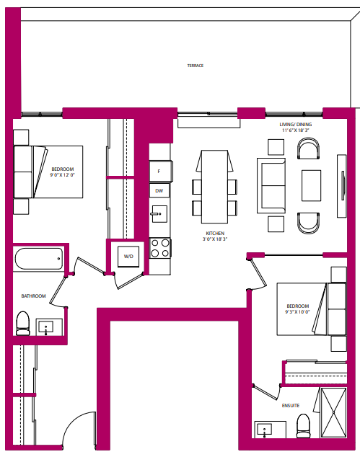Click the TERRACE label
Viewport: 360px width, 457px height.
[195, 66]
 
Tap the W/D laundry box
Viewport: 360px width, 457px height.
[128, 256]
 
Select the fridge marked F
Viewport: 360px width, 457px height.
[159, 172]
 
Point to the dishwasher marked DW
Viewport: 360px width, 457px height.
[159, 191]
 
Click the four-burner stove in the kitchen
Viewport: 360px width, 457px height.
[160, 248]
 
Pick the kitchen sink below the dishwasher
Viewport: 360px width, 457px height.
[159, 215]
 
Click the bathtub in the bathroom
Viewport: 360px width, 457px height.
[38, 259]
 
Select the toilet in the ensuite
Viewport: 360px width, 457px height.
[303, 425]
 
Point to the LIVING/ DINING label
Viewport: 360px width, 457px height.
[297, 125]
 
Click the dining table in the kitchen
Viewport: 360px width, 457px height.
[214, 187]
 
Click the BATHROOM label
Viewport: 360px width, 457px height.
[33, 296]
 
